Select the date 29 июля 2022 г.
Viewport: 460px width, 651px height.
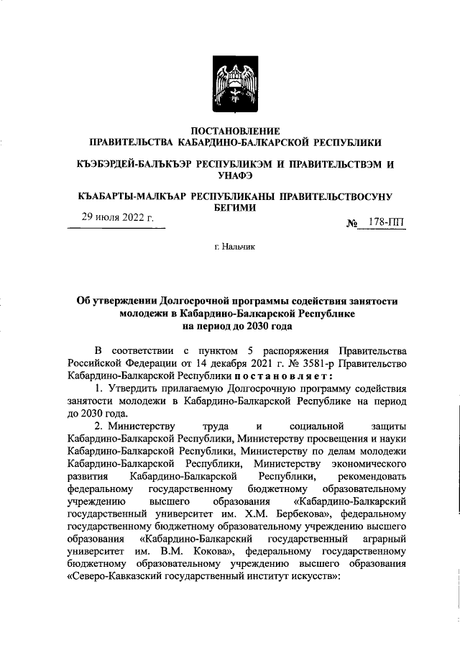point(118,219)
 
